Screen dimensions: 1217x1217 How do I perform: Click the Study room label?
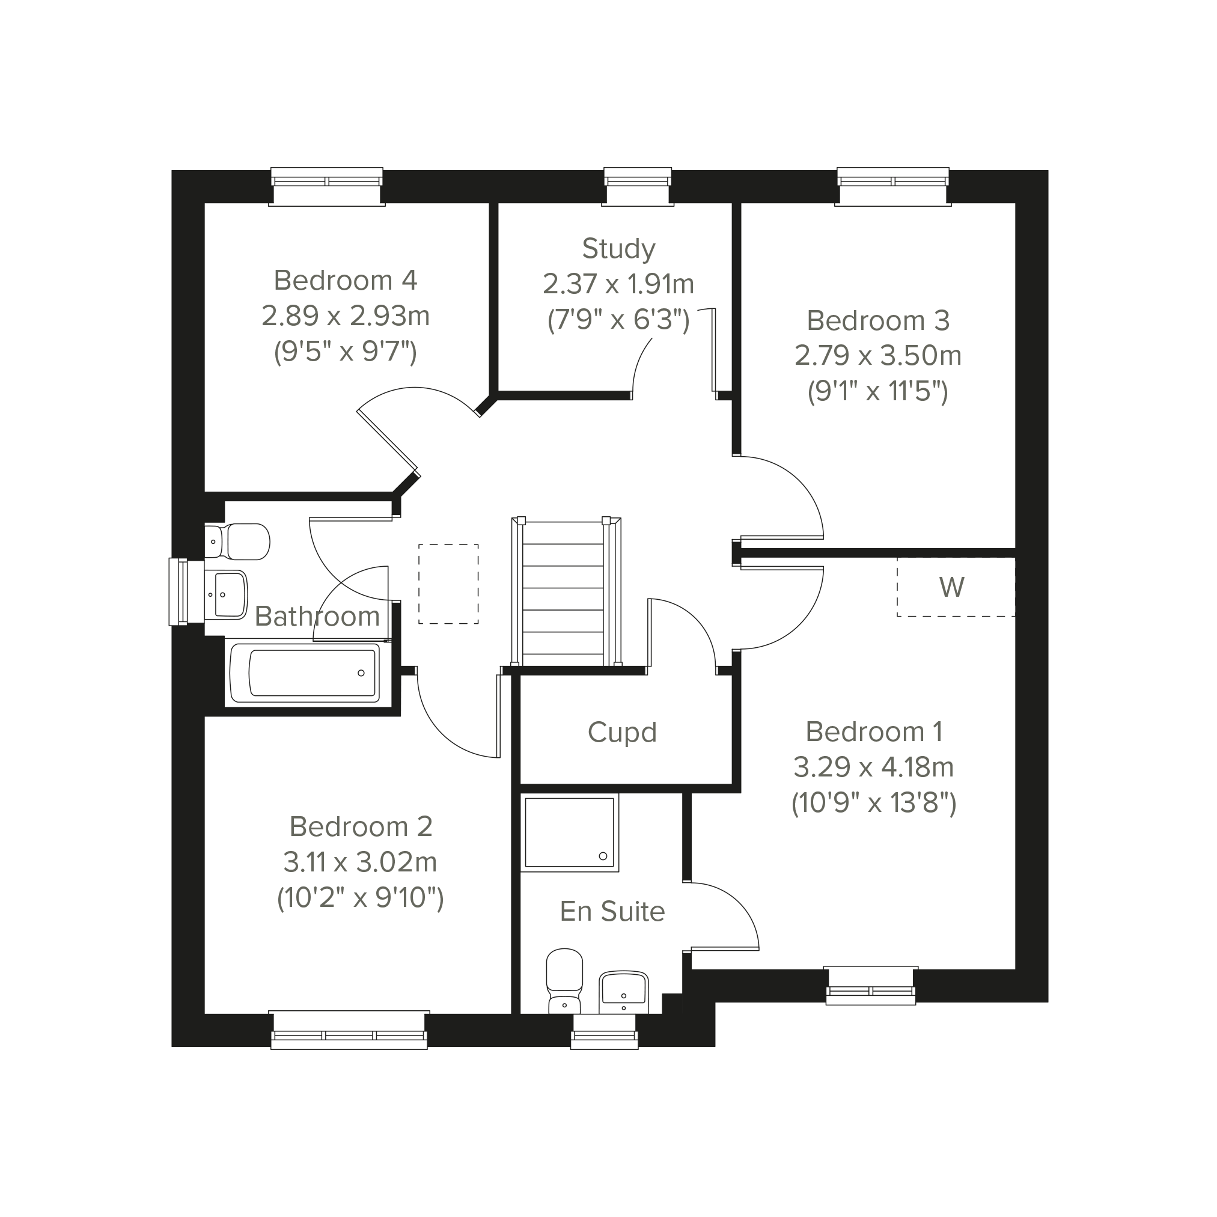618,249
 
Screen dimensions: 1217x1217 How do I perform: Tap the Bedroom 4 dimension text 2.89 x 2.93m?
345,316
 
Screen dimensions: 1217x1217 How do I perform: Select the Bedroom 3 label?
877,321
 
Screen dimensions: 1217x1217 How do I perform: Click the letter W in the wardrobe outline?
951,587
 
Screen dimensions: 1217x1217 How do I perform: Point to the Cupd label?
622,733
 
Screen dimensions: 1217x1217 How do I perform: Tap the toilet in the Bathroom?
238,541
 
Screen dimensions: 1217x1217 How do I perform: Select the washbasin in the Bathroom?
226,594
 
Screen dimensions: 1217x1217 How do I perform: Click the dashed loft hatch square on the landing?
448,584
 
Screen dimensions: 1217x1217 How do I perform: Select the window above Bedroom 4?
326,186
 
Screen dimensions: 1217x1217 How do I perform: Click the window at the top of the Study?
638,186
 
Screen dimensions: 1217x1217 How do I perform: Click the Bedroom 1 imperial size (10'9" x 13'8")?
874,803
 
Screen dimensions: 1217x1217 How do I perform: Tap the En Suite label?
612,912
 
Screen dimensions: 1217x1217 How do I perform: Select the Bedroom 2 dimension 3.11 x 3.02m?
359,862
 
